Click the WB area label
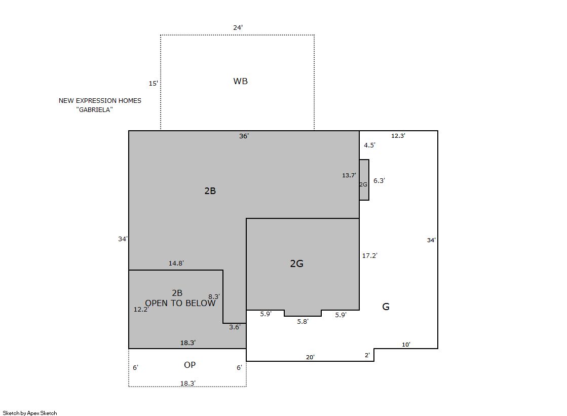(241, 81)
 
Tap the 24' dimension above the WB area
(238, 27)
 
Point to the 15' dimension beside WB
(154, 83)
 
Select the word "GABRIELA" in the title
(94, 109)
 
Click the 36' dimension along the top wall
(244, 136)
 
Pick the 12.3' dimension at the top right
(398, 136)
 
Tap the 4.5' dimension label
(369, 145)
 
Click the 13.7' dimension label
(349, 175)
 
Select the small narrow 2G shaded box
(364, 180)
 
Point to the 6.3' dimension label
(379, 180)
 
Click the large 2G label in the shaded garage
(296, 263)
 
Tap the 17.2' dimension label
(369, 255)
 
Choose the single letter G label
(386, 307)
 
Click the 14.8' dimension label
(176, 263)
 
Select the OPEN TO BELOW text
(180, 303)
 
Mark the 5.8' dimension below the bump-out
(303, 321)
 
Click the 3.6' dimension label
(235, 327)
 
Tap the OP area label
(190, 365)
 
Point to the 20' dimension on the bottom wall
(310, 357)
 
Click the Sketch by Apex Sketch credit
(30, 413)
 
